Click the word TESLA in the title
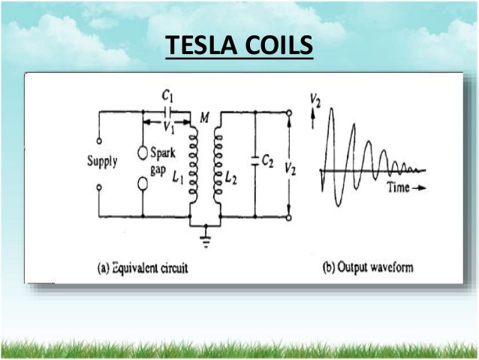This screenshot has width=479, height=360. [202, 44]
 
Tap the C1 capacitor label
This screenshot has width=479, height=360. [167, 96]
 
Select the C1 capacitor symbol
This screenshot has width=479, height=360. [167, 113]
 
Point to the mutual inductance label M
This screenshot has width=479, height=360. [204, 117]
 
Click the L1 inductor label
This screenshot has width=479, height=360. [178, 177]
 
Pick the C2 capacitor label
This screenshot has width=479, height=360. [268, 161]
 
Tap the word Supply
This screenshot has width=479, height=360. [102, 161]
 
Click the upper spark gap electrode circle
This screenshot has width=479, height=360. [143, 153]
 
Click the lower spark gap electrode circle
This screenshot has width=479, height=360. [143, 183]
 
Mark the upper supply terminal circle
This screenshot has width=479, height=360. [99, 141]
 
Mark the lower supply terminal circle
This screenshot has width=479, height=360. [99, 187]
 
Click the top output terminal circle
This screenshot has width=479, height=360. [289, 113]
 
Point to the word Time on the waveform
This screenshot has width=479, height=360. [398, 187]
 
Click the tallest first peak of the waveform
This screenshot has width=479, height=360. [332, 109]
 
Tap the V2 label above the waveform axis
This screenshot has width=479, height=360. [315, 100]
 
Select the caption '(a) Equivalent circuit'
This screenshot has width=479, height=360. [143, 268]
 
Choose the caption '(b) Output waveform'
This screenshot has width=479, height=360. [368, 268]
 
